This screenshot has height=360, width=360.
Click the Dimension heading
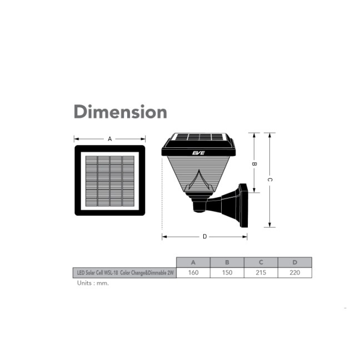click(121, 112)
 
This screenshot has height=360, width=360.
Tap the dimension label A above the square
click(110, 139)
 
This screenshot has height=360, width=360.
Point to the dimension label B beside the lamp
click(254, 164)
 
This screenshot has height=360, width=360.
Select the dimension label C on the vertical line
click(270, 180)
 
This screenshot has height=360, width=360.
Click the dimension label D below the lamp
click(205, 237)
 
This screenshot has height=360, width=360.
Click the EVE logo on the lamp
click(198, 153)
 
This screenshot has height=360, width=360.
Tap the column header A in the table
click(193, 262)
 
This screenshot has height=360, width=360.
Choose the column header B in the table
click(227, 262)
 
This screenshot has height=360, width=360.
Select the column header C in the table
click(261, 262)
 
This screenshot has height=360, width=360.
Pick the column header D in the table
click(295, 262)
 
